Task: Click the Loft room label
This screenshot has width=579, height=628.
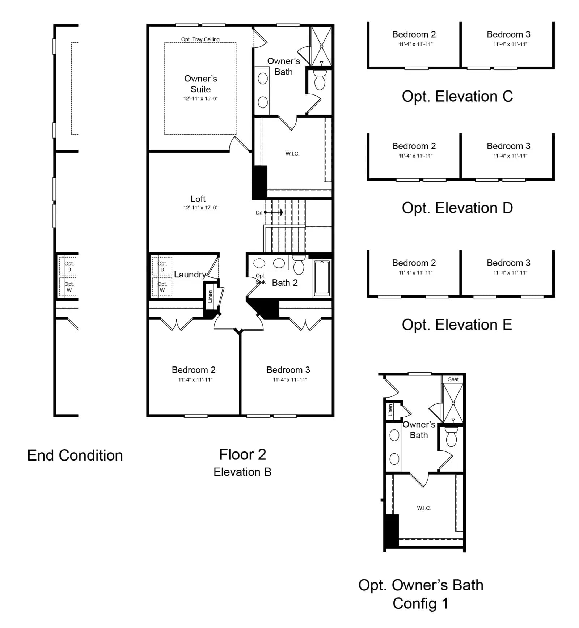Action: tap(198, 199)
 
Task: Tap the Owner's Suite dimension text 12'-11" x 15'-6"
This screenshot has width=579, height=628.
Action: tap(200, 98)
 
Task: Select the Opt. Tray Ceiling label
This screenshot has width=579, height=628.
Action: tap(200, 39)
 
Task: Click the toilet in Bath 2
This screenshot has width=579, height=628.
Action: tap(299, 264)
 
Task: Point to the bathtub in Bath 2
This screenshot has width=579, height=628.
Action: tap(322, 277)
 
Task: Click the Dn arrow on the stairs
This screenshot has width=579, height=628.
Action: tap(274, 212)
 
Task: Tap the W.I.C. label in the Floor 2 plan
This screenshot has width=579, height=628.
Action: tap(292, 154)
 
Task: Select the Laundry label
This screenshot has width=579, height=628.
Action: tap(190, 275)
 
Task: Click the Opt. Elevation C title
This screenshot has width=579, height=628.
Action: tap(457, 96)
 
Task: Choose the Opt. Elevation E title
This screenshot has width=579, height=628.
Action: tap(457, 324)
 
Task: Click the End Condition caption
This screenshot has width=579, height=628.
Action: tap(75, 455)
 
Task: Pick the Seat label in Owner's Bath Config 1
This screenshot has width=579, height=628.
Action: tap(453, 379)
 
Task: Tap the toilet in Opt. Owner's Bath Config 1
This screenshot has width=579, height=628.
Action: tap(451, 437)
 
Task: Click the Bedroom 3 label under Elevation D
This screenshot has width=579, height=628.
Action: tap(508, 146)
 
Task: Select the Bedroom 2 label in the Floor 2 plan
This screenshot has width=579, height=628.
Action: tap(194, 370)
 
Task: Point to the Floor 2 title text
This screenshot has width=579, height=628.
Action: tap(242, 454)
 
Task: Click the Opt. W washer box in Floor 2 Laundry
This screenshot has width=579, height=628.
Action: tap(162, 287)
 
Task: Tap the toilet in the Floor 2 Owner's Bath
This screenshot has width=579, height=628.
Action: tap(320, 80)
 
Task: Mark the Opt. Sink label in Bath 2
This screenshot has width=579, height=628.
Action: tap(261, 279)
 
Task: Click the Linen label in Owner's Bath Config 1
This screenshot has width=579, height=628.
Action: tap(390, 411)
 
